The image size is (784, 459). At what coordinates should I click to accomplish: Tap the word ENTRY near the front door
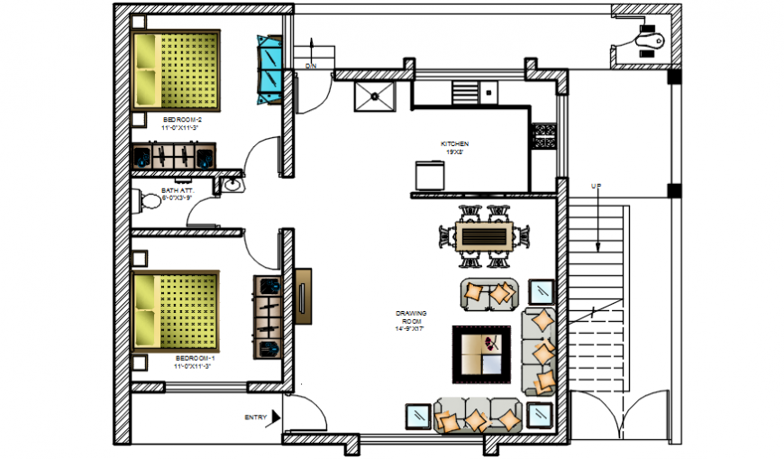pyautogui.click(x=255, y=418)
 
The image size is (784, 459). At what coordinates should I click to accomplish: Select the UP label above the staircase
pyautogui.click(x=596, y=186)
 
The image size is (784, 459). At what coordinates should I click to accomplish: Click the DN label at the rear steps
pyautogui.click(x=310, y=66)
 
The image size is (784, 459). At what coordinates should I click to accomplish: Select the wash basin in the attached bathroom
pyautogui.click(x=231, y=186)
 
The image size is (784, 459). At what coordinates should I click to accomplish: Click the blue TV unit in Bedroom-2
pyautogui.click(x=269, y=69)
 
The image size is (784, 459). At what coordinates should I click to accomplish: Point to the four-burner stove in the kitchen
pyautogui.click(x=543, y=135)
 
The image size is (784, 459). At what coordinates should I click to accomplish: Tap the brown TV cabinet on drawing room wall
pyautogui.click(x=302, y=295)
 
